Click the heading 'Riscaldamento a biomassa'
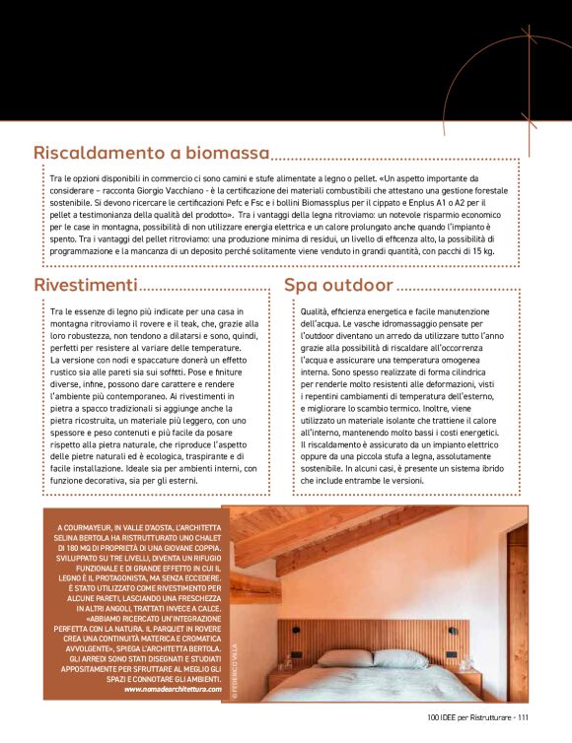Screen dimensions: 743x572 click(x=151, y=153)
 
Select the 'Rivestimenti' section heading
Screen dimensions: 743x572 click(x=86, y=285)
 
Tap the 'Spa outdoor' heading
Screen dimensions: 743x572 click(x=338, y=285)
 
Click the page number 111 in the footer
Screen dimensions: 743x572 click(x=524, y=717)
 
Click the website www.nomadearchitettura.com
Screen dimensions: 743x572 click(x=174, y=689)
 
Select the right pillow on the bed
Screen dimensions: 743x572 click(x=399, y=658)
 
